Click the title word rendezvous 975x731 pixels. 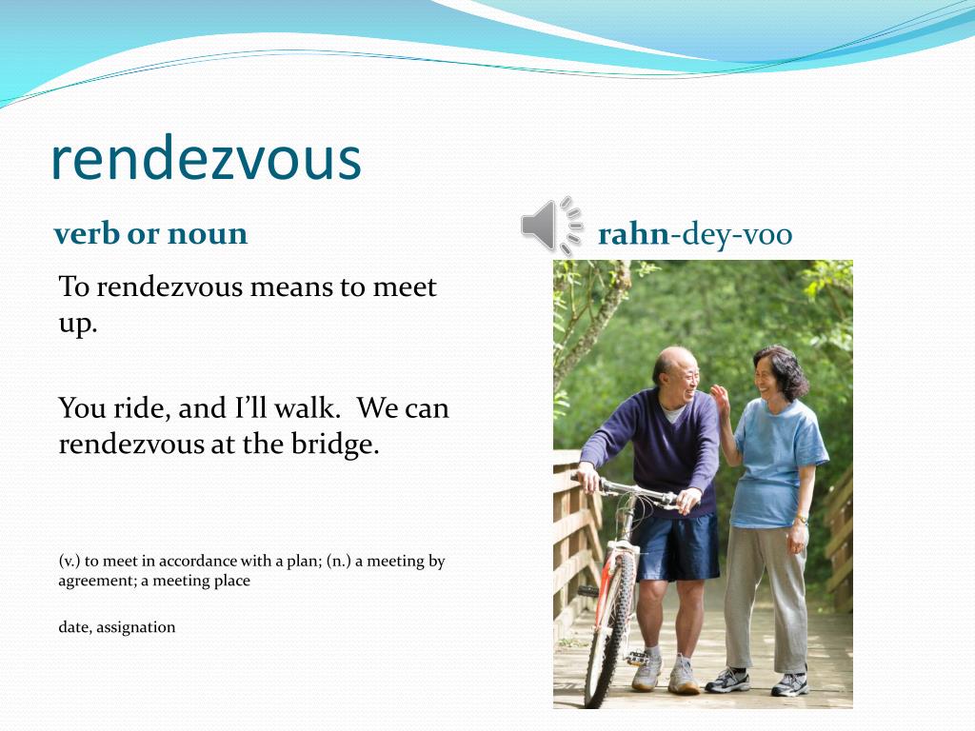[x=206, y=159]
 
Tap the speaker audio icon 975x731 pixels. [x=550, y=226]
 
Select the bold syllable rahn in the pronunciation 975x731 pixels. [x=633, y=234]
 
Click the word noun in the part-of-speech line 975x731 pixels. [x=207, y=233]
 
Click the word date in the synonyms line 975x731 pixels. [x=74, y=627]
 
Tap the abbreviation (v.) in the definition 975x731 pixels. [x=70, y=561]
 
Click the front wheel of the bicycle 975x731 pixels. [x=609, y=628]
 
